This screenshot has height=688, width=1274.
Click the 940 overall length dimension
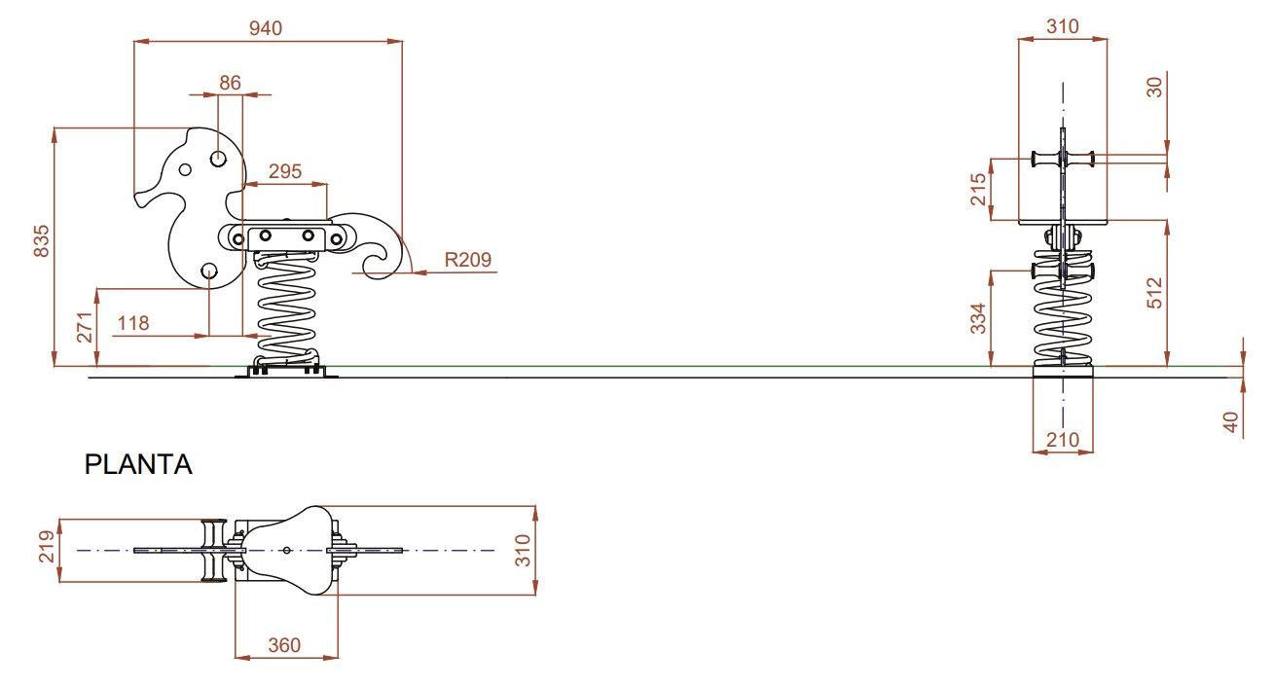point(266,28)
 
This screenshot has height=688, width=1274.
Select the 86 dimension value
point(230,83)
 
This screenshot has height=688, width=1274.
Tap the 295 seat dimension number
point(285,171)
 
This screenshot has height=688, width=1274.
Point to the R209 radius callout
point(467,260)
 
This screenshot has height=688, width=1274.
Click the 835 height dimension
point(42,241)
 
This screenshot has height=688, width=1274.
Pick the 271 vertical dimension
point(84,327)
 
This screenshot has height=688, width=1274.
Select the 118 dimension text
point(133,323)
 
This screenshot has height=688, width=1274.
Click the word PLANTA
point(138,464)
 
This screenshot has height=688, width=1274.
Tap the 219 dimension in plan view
point(47,547)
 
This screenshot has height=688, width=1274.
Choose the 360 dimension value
point(284,645)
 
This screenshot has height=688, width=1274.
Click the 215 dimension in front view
point(978,189)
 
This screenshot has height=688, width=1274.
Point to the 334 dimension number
point(978,318)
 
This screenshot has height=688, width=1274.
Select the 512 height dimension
point(1154,293)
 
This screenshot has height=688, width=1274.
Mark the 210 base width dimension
point(1063,440)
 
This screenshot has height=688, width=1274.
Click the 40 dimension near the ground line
point(1231,422)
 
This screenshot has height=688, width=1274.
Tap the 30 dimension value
point(1154,87)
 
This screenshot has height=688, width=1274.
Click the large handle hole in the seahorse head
point(218,159)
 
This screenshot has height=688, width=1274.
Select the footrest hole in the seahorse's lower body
point(209,272)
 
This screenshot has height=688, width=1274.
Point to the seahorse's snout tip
point(137,199)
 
